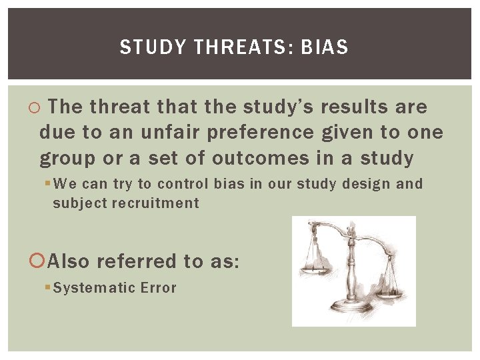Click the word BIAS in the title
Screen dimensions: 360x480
pyautogui.click(x=325, y=47)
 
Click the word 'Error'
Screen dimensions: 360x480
pyautogui.click(x=158, y=288)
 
